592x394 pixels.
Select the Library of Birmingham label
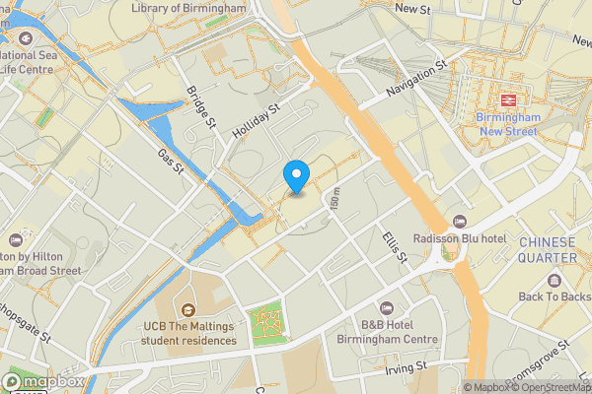click(188, 8)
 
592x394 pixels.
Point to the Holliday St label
click(258, 123)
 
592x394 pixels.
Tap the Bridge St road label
click(200, 107)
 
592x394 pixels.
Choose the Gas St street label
click(172, 162)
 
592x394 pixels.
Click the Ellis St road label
click(395, 246)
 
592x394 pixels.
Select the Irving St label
click(407, 365)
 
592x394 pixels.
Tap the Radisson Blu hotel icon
click(459, 222)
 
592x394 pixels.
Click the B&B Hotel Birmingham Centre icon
click(386, 308)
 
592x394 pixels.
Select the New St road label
click(413, 8)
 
